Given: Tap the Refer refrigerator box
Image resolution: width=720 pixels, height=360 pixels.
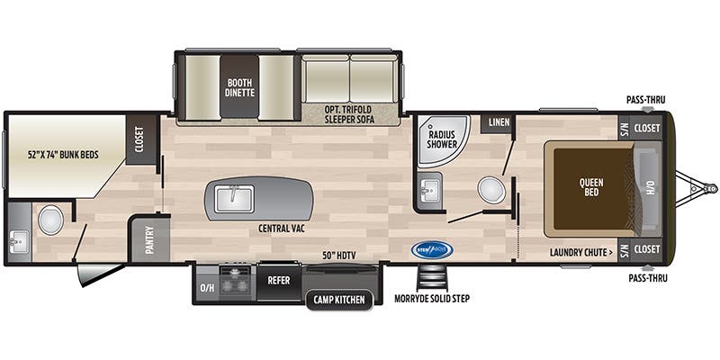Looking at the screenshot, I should (278, 280).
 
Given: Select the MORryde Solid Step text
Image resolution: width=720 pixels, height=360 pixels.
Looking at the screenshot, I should (432, 298).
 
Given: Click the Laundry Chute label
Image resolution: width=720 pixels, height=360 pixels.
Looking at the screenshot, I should (582, 252).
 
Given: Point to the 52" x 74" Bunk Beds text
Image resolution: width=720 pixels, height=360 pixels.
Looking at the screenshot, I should (62, 154).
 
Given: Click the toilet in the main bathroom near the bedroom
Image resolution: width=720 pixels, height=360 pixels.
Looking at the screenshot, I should (490, 189).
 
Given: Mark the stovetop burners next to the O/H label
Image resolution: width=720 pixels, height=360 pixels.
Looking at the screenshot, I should (236, 280).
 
